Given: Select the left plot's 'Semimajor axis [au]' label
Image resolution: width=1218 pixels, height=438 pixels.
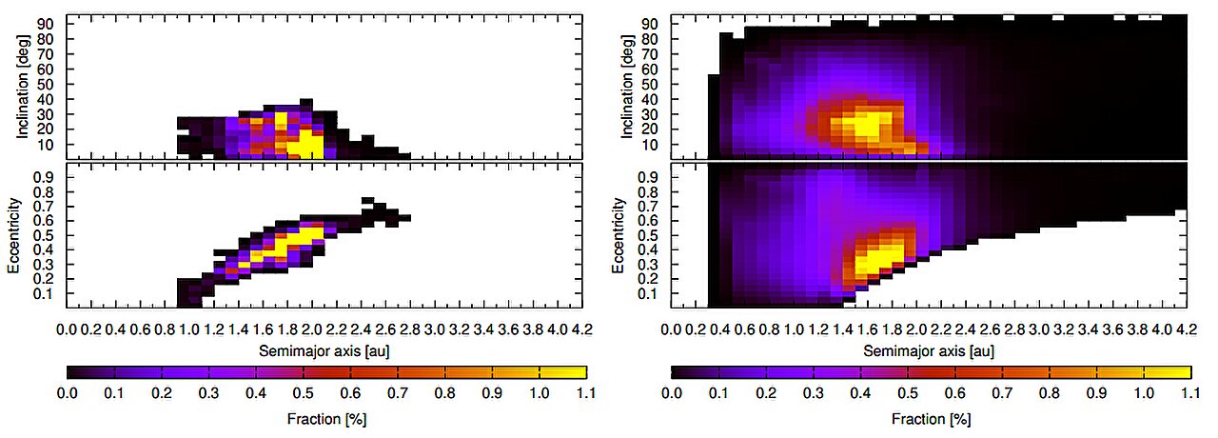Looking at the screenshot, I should pyautogui.click(x=324, y=350).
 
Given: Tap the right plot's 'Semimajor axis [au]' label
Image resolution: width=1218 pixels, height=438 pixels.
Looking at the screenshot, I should pyautogui.click(x=928, y=350).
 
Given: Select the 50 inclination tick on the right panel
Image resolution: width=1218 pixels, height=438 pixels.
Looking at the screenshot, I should pyautogui.click(x=652, y=84).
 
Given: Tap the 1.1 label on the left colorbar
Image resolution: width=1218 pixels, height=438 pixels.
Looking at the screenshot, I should pyautogui.click(x=586, y=391).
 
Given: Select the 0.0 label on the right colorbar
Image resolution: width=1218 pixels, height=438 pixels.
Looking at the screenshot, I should pyautogui.click(x=672, y=391).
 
